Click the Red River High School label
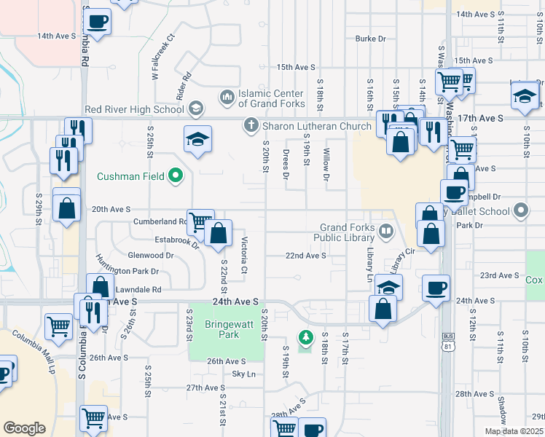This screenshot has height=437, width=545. [x=134, y=110]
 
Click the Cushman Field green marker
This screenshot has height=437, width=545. [x=175, y=176]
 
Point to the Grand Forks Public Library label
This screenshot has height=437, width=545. [x=345, y=232]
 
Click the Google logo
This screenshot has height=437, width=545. [x=24, y=428]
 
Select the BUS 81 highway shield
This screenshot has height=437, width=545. [x=447, y=342]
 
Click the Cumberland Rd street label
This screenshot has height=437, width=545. [x=160, y=221]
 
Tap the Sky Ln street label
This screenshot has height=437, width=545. [x=244, y=374]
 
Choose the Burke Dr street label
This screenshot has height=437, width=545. [x=370, y=39]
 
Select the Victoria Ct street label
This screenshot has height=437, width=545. [x=245, y=256]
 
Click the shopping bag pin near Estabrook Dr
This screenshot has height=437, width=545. [x=218, y=234]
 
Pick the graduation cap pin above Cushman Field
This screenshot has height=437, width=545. [x=197, y=141]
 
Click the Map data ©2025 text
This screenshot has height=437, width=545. [x=514, y=431]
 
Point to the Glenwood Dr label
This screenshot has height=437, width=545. [x=151, y=256]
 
